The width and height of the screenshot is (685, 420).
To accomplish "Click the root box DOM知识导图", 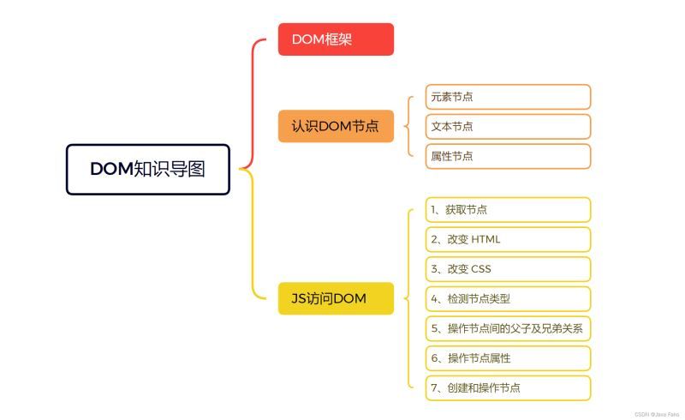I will click(148, 169).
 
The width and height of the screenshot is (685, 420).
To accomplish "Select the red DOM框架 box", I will click(336, 39).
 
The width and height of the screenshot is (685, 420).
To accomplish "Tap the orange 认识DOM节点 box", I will click(336, 126).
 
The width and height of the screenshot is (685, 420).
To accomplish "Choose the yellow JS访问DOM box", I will click(336, 298).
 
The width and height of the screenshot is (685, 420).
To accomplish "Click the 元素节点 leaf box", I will click(508, 97).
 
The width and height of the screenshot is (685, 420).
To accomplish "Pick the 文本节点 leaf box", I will click(508, 127).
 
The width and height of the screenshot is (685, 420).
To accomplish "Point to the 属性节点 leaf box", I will click(508, 156).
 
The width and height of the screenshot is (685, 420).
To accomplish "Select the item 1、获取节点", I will click(508, 210).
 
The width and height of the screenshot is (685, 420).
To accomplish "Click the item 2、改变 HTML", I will click(508, 239).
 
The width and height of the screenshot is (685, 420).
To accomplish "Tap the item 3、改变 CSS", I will click(508, 269).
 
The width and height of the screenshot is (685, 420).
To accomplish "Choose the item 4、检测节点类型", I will click(508, 299).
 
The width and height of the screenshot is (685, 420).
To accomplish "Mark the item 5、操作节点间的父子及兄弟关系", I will click(508, 328).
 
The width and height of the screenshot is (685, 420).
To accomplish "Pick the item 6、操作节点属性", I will click(508, 358).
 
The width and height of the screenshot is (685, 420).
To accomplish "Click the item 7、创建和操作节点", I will click(508, 387).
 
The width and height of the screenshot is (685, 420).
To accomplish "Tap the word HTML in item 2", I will click(485, 239).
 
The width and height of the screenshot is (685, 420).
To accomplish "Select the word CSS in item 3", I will click(481, 269).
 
